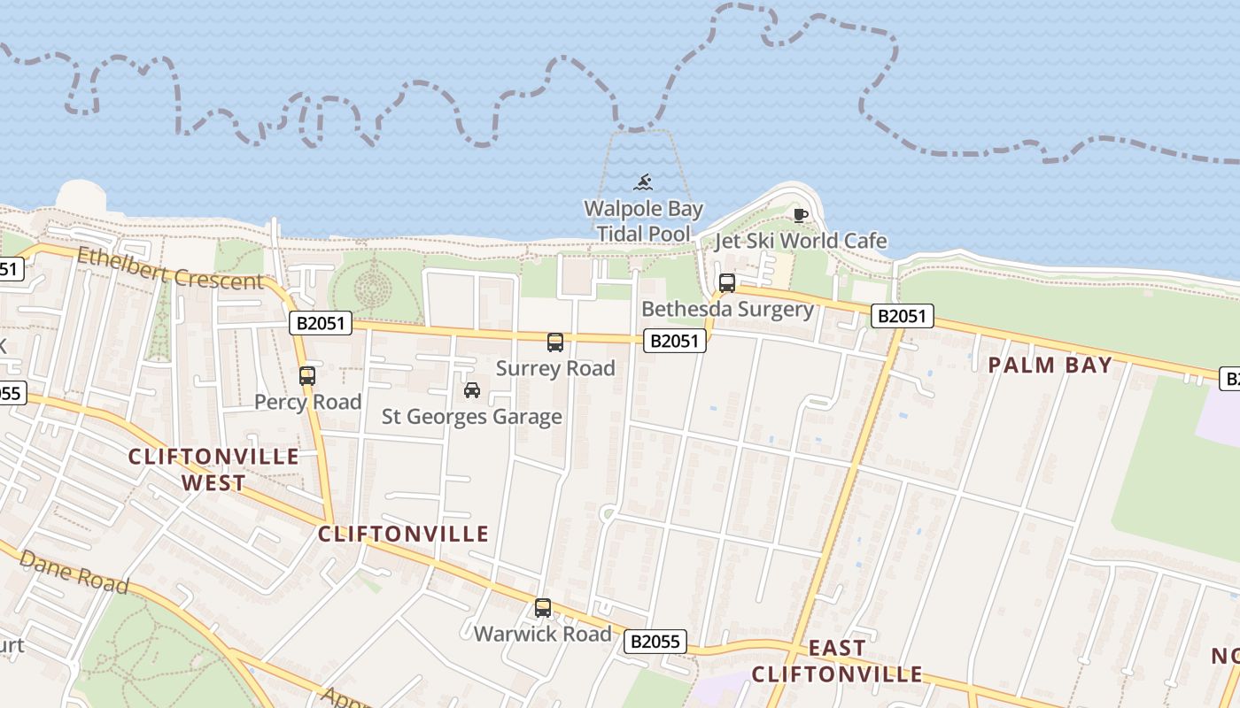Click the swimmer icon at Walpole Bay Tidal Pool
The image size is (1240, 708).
pyautogui.click(x=644, y=183)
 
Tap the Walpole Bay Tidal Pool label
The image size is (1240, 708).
pyautogui.click(x=644, y=221)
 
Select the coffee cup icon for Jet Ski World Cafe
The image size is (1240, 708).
pyautogui.click(x=800, y=215)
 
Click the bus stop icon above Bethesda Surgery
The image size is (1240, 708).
pyautogui.click(x=726, y=283)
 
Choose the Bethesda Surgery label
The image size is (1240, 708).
pyautogui.click(x=727, y=309)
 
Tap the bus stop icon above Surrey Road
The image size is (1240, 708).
pyautogui.click(x=555, y=342)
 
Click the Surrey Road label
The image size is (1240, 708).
pyautogui.click(x=555, y=368)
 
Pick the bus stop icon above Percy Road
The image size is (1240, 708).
pyautogui.click(x=307, y=375)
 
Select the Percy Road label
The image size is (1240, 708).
pyautogui.click(x=307, y=402)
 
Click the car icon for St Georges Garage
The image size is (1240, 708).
pyautogui.click(x=472, y=390)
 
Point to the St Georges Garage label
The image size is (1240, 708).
pyautogui.click(x=472, y=416)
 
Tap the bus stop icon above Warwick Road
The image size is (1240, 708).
pyautogui.click(x=543, y=608)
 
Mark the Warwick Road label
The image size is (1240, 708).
pyautogui.click(x=543, y=634)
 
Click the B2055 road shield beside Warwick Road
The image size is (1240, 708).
pyautogui.click(x=655, y=642)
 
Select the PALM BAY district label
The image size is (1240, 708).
pyautogui.click(x=1050, y=365)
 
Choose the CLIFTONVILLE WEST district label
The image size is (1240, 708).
pyautogui.click(x=214, y=469)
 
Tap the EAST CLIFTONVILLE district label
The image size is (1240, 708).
pyautogui.click(x=837, y=661)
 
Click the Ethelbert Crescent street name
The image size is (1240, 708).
pyautogui.click(x=170, y=269)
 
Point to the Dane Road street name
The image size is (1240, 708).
pyautogui.click(x=74, y=572)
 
